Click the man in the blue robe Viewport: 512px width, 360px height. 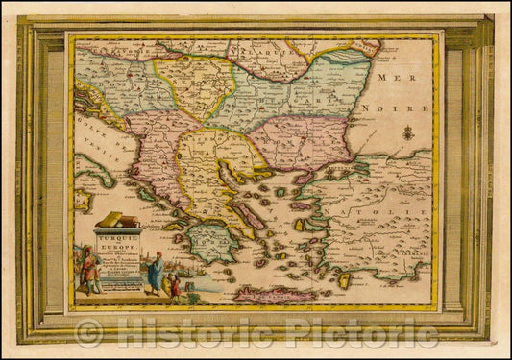154,273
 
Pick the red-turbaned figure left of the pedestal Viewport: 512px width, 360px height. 89,268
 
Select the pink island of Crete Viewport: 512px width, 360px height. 274,294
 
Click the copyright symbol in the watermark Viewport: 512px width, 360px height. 89,333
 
